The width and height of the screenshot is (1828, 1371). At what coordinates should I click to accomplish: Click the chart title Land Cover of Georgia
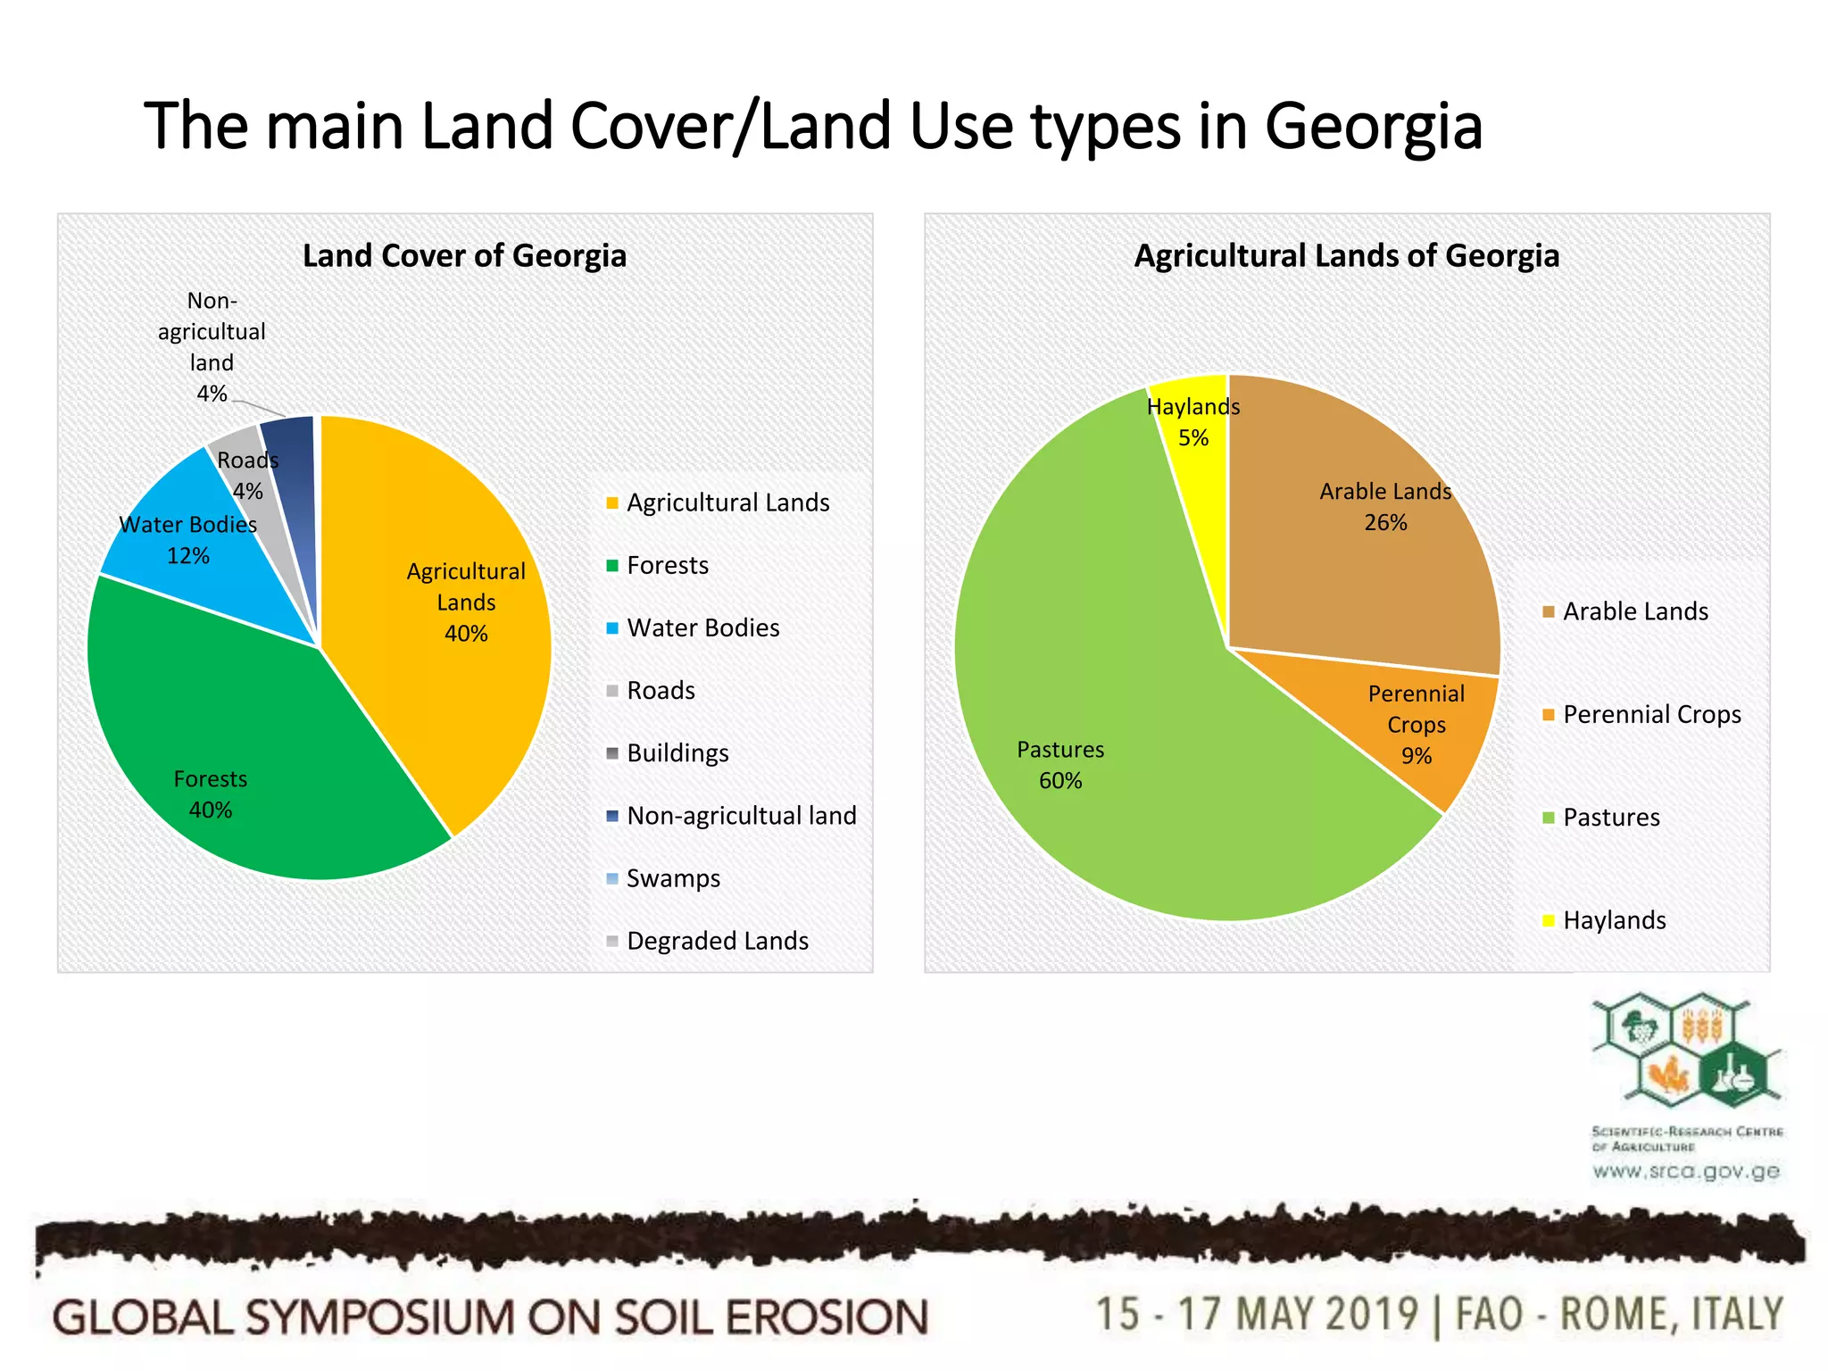464,256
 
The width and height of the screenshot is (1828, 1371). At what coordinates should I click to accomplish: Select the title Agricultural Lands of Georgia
1346,256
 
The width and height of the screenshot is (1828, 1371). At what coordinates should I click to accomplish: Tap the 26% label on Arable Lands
1385,523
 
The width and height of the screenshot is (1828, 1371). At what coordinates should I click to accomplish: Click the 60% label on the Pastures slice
1060,781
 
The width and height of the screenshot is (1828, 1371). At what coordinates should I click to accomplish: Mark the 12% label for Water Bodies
188,556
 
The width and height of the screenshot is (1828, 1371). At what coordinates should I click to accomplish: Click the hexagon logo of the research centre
1685,1053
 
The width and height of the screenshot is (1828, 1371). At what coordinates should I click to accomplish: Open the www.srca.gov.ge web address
1686,1171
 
